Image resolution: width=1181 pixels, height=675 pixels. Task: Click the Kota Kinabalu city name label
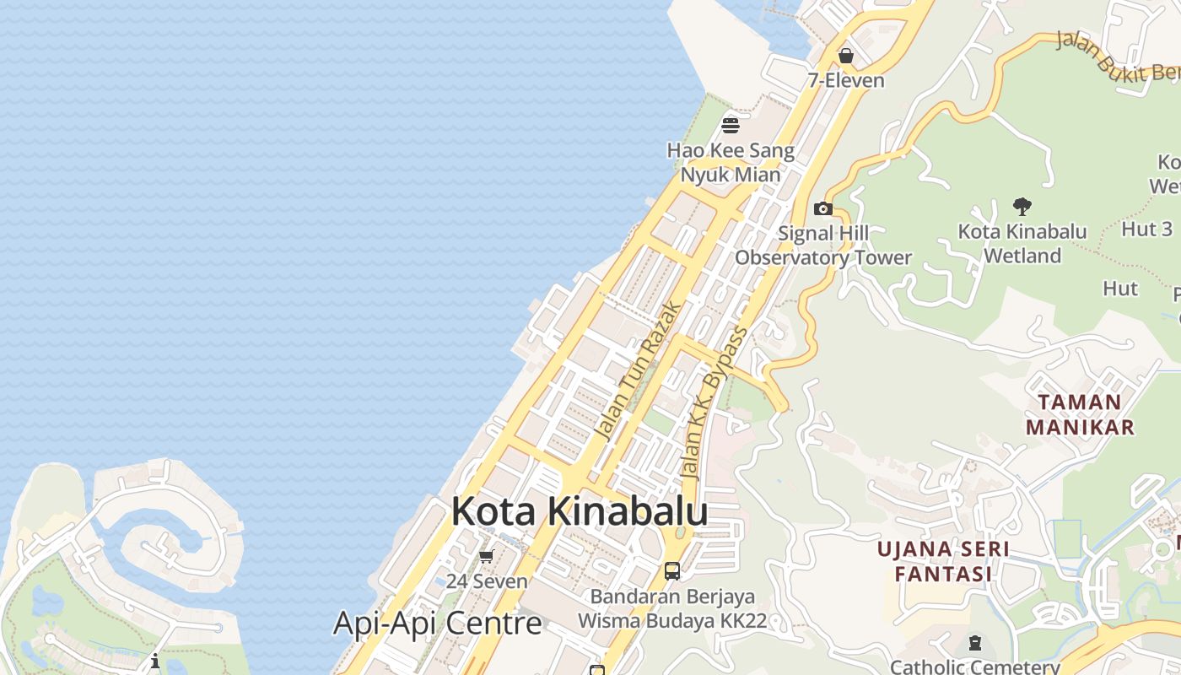579,511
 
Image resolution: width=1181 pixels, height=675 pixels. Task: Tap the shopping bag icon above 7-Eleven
845,56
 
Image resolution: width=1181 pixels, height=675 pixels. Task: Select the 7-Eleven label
845,81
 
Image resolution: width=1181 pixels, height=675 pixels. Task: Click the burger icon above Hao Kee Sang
731,126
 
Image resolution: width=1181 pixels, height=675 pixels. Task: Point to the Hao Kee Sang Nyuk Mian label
731,163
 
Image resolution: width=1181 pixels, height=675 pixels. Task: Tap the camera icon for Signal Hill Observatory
822,208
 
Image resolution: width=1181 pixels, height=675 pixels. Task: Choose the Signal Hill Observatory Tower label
823,246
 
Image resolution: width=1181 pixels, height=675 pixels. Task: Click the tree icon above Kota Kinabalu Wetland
1022,206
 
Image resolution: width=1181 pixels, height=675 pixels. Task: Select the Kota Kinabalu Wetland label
1022,243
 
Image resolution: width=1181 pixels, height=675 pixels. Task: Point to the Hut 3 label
1146,229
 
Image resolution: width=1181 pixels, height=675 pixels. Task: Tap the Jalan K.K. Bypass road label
715,403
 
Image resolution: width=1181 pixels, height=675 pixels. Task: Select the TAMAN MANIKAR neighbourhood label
1080,414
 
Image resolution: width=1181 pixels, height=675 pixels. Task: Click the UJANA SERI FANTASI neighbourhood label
942,562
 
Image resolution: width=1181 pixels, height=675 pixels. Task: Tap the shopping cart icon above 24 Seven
486,556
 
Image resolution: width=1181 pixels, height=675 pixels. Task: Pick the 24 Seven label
487,581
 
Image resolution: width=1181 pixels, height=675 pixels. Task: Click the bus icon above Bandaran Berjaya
671,570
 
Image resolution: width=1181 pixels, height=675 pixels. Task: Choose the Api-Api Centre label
437,624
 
